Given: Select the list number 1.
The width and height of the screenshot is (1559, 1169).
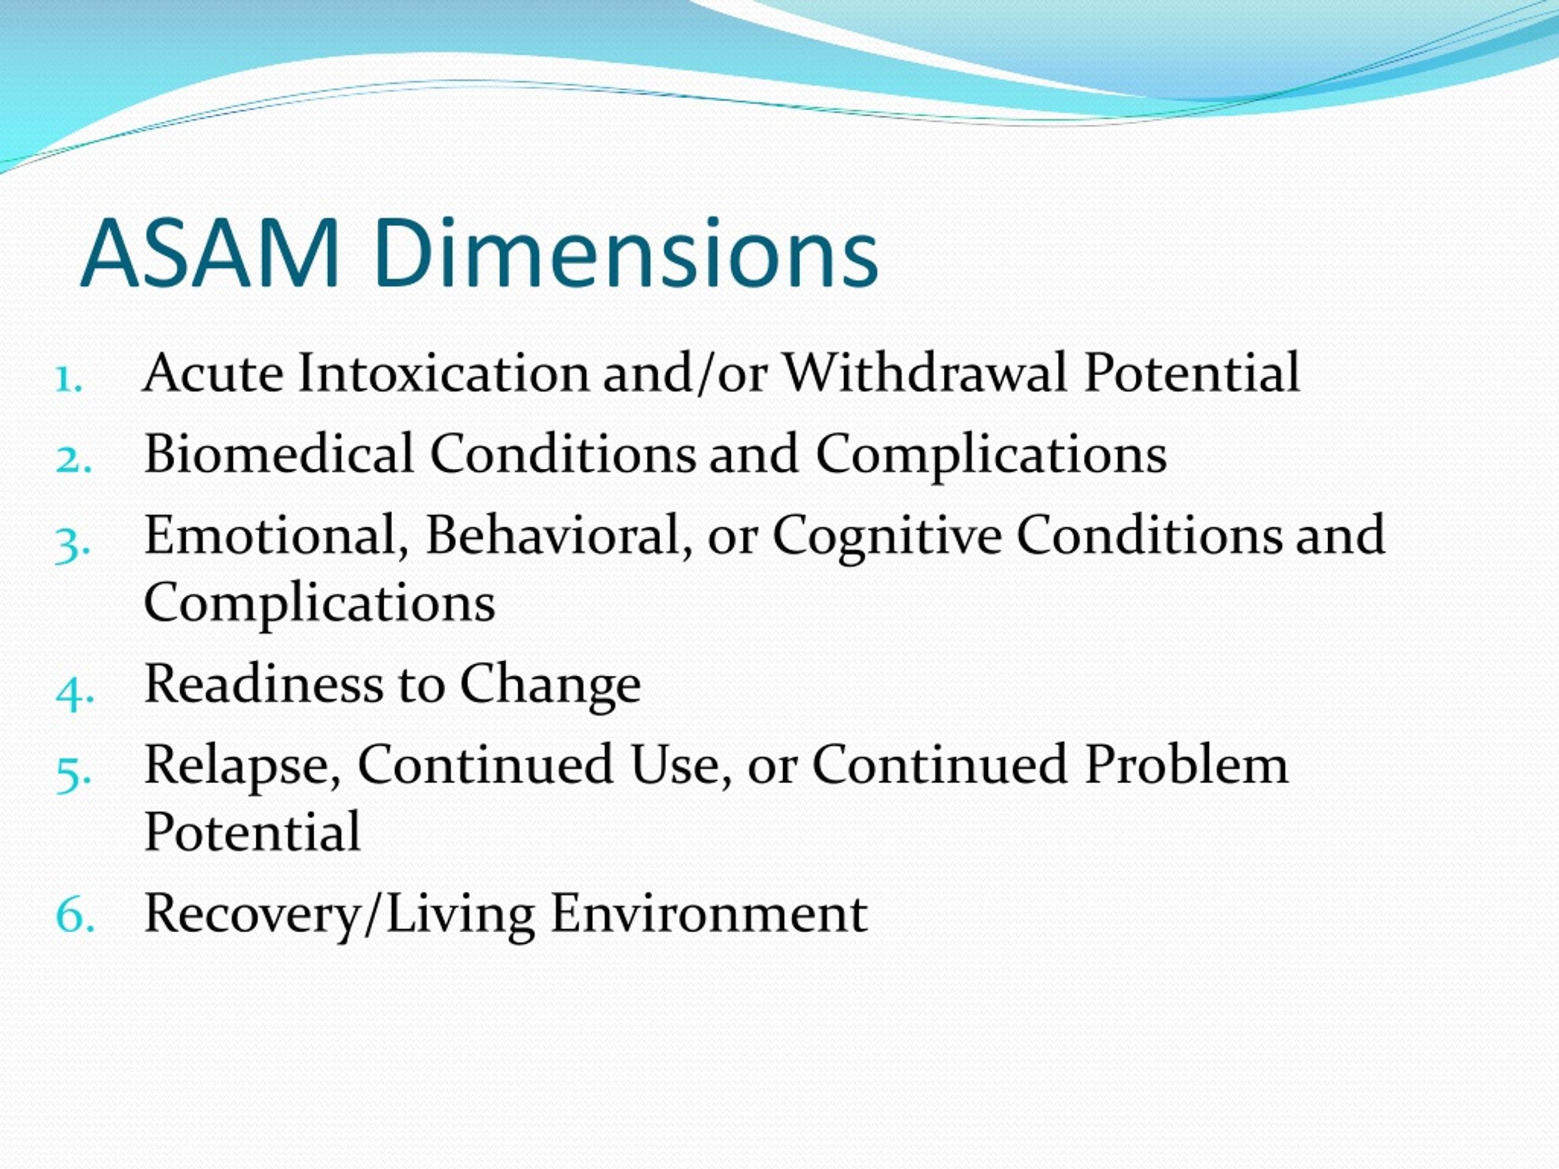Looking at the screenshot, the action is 69,381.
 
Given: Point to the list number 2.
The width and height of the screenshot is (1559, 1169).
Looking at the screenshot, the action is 73,461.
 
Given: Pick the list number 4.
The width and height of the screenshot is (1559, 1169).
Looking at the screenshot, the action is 74,693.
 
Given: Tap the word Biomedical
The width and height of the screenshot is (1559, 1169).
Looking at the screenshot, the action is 279,453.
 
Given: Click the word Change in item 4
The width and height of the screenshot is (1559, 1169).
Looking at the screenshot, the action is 551,686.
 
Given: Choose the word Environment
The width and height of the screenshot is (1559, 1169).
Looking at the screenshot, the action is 709,913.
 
